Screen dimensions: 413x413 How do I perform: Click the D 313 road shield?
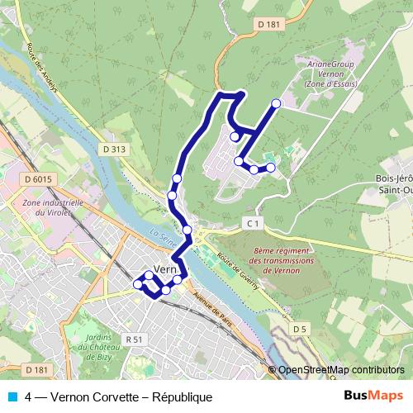coord(115,149)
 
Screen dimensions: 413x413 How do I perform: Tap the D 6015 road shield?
coord(38,179)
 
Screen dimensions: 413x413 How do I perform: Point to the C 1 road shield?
coord(253,223)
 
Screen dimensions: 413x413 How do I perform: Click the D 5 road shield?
coord(300,330)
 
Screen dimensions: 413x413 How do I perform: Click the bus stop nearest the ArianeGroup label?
coord(276,103)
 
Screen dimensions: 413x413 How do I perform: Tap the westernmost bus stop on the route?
coord(138,284)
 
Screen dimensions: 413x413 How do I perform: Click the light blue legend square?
coord(12,396)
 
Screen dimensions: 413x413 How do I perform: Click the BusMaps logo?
coord(373,396)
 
